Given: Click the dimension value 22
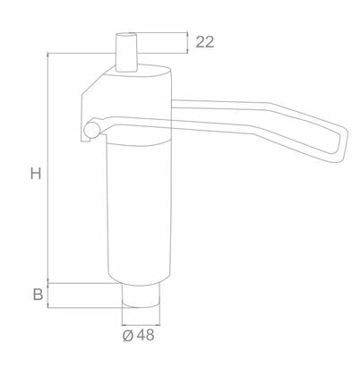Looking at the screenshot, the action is tap(205, 42).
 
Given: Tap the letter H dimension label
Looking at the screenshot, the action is tap(36, 174).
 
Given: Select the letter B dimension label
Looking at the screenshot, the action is tap(38, 295).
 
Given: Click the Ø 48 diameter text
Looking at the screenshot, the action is tap(139, 335).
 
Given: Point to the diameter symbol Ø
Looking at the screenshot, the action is tap(128, 336).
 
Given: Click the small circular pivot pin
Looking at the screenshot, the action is tap(92, 130).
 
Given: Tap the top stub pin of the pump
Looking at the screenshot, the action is tap(126, 52).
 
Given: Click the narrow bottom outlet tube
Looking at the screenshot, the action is tap(141, 296).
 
